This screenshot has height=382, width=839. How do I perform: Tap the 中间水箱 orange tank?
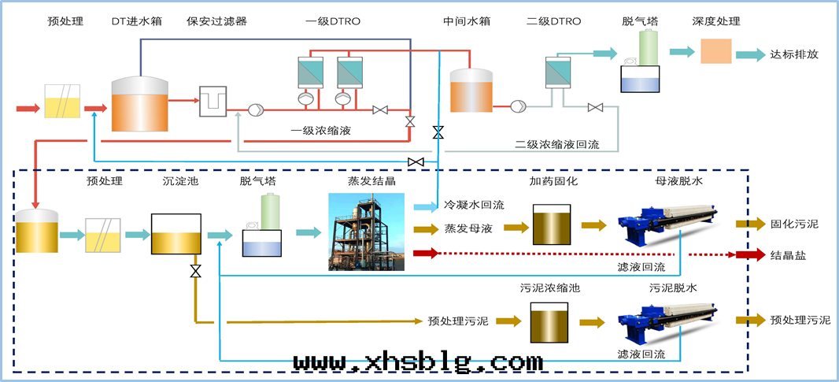tap(471, 91)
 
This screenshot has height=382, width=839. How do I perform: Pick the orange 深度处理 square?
tap(715, 52)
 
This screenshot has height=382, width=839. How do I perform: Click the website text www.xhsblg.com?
tap(418, 362)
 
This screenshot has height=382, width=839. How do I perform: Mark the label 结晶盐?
tap(789, 255)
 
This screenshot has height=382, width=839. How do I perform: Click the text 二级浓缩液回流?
tap(557, 145)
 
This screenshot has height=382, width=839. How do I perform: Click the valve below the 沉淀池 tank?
tap(194, 272)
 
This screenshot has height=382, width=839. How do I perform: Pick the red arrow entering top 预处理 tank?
tap(26, 108)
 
